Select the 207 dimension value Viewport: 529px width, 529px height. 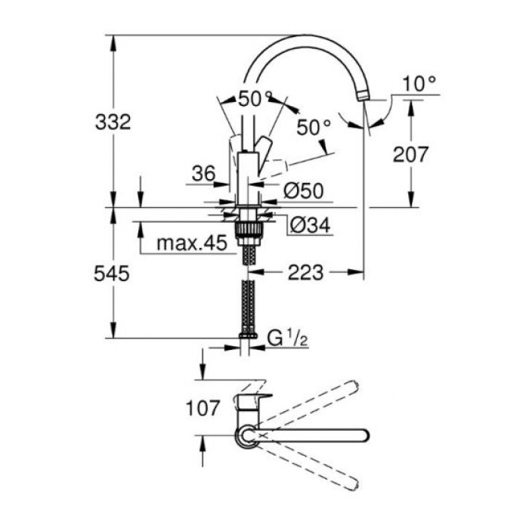point(411,154)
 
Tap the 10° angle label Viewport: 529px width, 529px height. point(419,84)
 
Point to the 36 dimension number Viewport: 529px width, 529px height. point(203,173)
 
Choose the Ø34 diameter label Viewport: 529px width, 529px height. point(311,224)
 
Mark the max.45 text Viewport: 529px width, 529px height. point(191,244)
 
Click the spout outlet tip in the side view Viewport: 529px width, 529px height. point(364,96)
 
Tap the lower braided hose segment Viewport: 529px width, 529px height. point(247,306)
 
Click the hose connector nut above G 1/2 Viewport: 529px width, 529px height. point(247,336)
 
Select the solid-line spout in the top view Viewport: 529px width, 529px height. point(317,435)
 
